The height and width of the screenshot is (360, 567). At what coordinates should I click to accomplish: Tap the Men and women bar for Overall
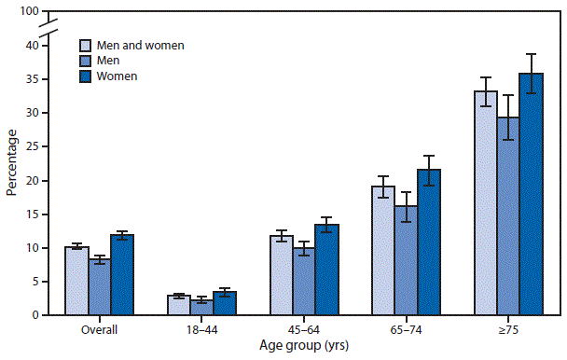(x=76, y=281)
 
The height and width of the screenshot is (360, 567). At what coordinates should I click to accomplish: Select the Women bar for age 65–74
(x=429, y=242)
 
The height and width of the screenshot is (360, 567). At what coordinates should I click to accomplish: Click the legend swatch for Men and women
(x=86, y=45)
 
